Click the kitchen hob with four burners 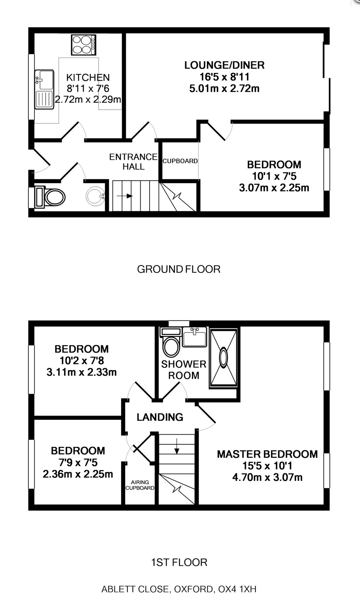(x=84, y=45)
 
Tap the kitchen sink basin (x=44, y=79)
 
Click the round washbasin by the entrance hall (x=95, y=196)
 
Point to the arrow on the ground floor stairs (x=125, y=196)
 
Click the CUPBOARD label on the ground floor (x=180, y=161)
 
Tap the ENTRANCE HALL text (x=133, y=162)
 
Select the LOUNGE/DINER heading (x=224, y=65)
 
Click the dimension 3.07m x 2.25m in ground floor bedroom (x=274, y=188)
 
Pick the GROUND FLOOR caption (x=179, y=269)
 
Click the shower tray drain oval (x=223, y=357)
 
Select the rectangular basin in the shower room (x=194, y=338)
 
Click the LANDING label (x=160, y=417)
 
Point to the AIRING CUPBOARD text (x=140, y=485)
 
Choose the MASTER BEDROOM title (x=267, y=454)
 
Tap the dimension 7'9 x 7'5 (x=78, y=462)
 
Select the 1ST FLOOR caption (x=179, y=562)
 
